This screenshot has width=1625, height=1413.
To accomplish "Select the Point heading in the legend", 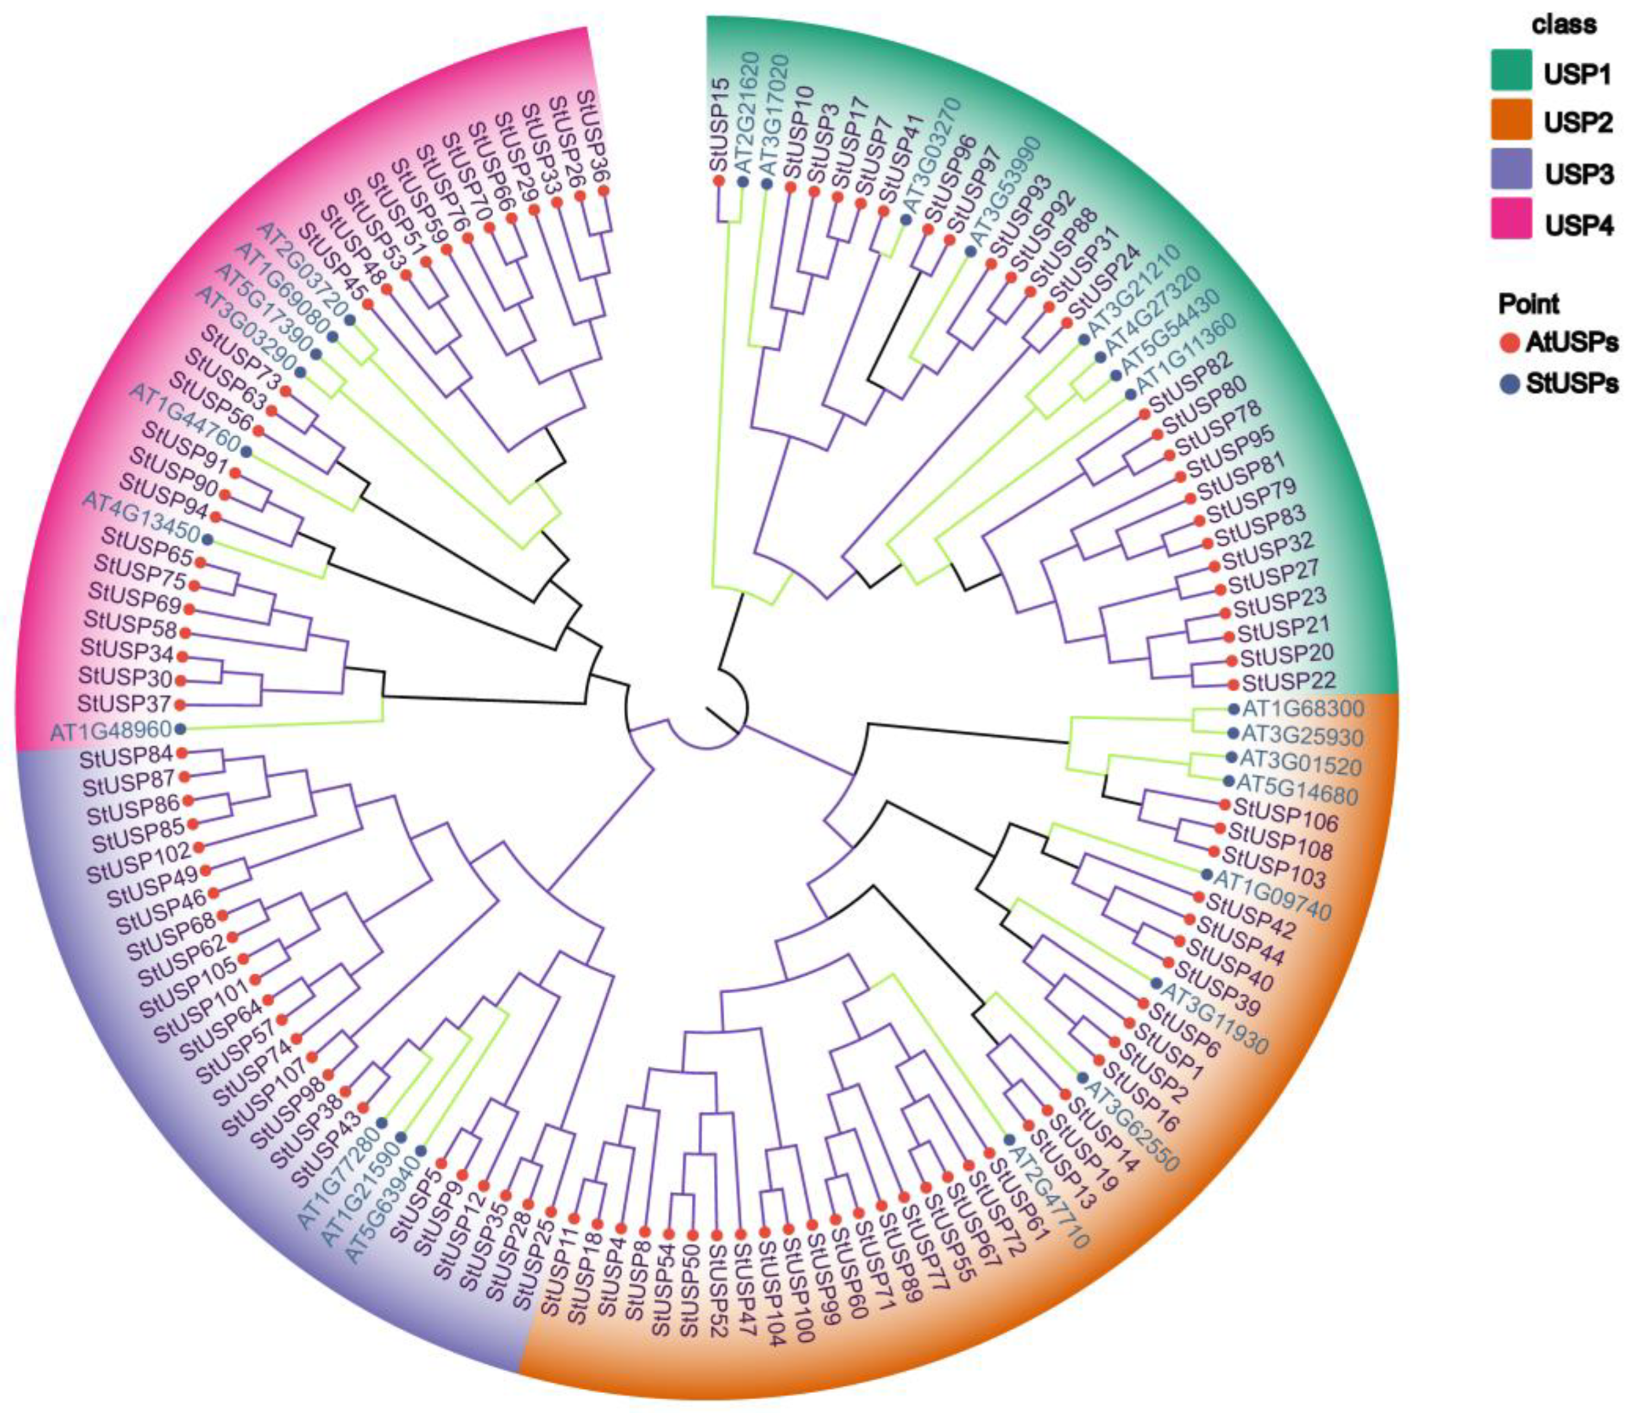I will coord(1529,303).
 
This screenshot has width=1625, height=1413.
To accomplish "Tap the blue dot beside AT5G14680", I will coord(1228,780).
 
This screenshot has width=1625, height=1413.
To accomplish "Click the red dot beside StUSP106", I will coord(1225,804).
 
